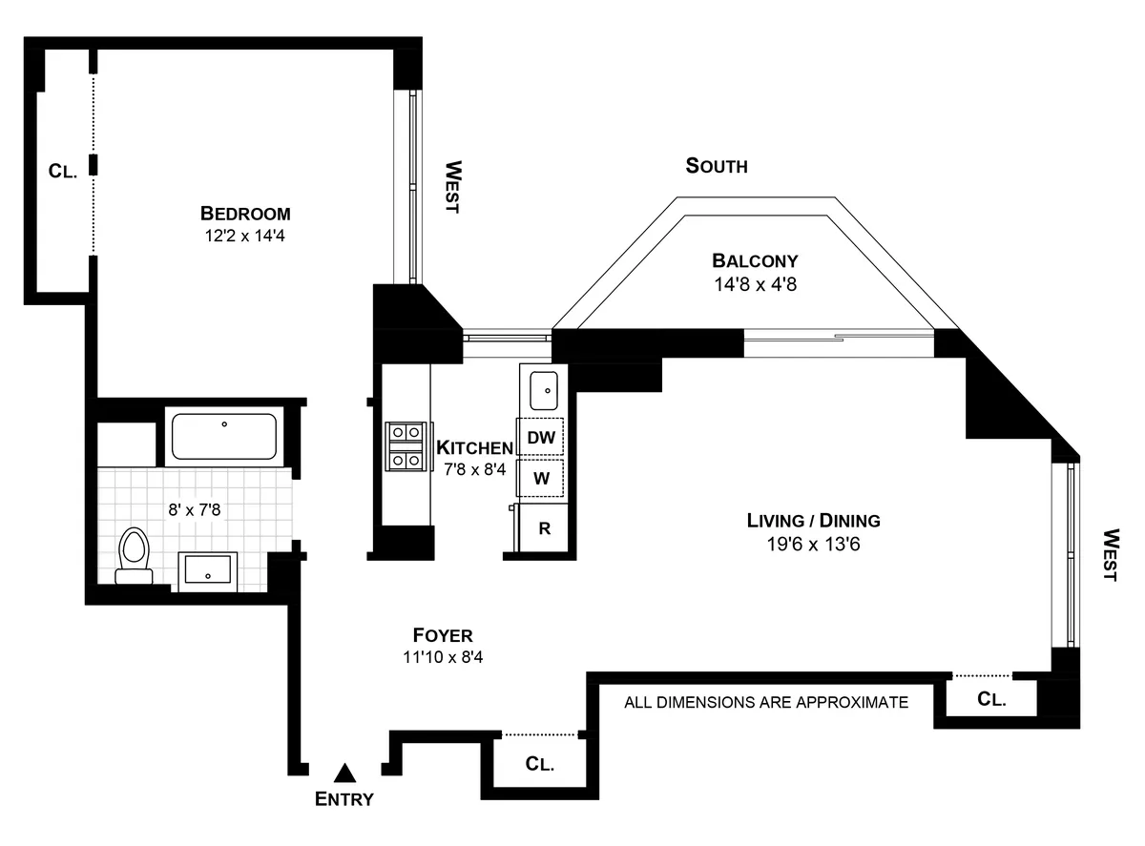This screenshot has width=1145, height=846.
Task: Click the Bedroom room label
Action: point(245,213)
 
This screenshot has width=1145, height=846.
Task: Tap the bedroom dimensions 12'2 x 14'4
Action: point(245,235)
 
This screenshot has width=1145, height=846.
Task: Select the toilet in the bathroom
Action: point(134,556)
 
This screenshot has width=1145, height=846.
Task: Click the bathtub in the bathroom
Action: point(224,436)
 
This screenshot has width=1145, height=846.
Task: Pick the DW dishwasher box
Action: point(541,438)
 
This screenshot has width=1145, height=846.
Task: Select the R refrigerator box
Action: point(544,528)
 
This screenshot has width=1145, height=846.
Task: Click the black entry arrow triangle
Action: point(344,772)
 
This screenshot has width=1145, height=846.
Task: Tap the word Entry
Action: point(344,799)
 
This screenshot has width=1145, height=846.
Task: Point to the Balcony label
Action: point(755,260)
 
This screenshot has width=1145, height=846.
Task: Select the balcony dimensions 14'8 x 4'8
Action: point(755,283)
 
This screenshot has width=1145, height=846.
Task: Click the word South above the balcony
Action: point(717,166)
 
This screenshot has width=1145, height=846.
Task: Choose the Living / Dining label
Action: point(813,521)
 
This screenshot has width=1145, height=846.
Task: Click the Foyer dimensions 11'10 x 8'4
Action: point(443,657)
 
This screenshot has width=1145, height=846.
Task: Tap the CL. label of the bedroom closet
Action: point(63,172)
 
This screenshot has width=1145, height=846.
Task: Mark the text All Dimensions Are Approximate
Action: point(766,703)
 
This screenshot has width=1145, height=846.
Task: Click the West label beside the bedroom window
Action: point(452,187)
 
